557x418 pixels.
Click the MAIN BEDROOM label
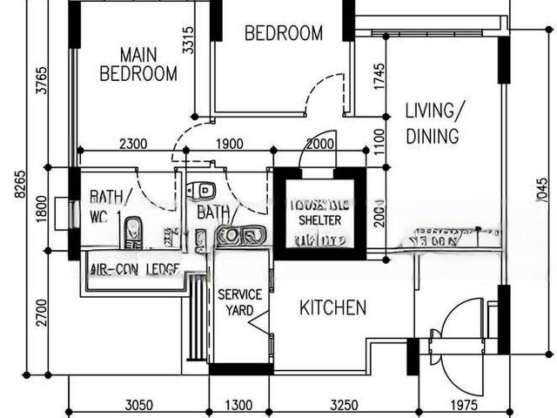point(138,65)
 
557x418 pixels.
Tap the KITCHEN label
point(332,307)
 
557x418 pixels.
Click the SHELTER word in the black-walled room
point(319,220)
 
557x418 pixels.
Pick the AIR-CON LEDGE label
point(134,268)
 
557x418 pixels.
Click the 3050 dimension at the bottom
point(139,405)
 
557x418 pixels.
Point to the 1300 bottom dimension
point(238,405)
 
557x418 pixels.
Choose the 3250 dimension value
point(345,405)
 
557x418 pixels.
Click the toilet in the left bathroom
point(133,231)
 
